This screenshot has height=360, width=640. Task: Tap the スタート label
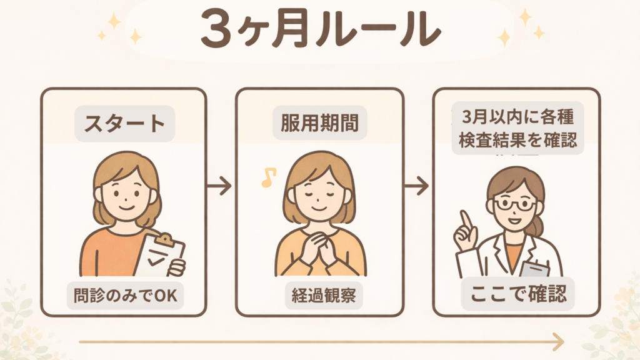pos(124,123)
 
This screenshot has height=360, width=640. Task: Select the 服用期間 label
pos(319,123)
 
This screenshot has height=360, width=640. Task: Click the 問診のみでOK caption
pos(125,296)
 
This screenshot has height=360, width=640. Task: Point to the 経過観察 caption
pos(324,296)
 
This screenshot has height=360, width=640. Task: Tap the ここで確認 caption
pos(518,294)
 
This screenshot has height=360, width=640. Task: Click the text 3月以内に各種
pos(518,117)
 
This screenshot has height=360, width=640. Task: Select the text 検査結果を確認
pos(518,140)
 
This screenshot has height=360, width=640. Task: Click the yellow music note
pos(268,177)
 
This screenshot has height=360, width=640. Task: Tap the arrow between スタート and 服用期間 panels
pos(219,186)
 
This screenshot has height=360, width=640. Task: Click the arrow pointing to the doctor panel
pos(417,186)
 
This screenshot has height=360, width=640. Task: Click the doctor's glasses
pos(514,203)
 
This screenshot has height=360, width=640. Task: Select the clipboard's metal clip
pos(166,239)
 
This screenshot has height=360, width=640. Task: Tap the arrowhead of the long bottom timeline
pos(558,342)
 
